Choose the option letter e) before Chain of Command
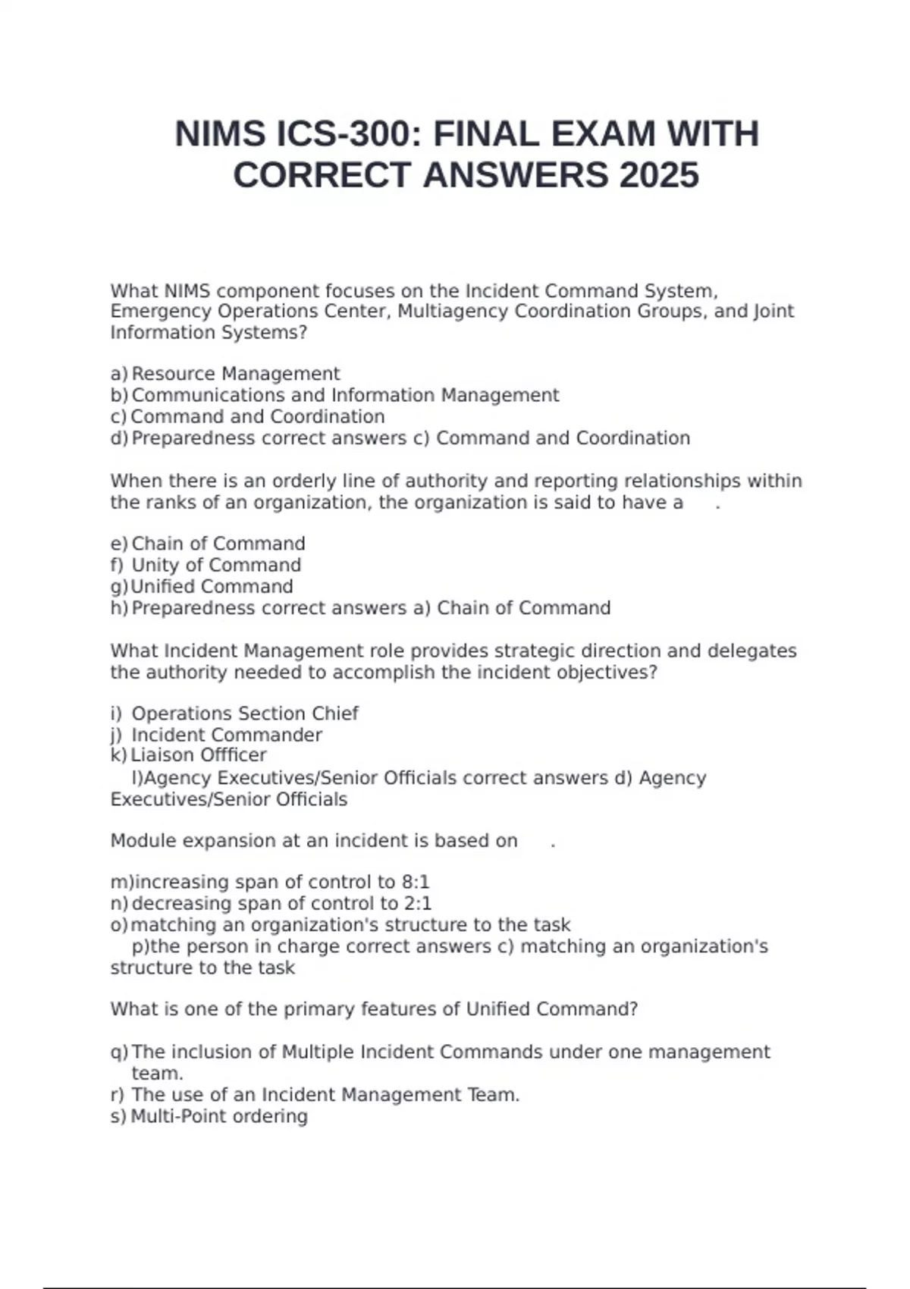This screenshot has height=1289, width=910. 119,544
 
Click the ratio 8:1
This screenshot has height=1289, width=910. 416,882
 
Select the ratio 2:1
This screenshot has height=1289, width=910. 418,903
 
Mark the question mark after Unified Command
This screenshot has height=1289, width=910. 633,1009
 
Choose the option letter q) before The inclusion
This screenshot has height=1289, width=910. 119,1052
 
